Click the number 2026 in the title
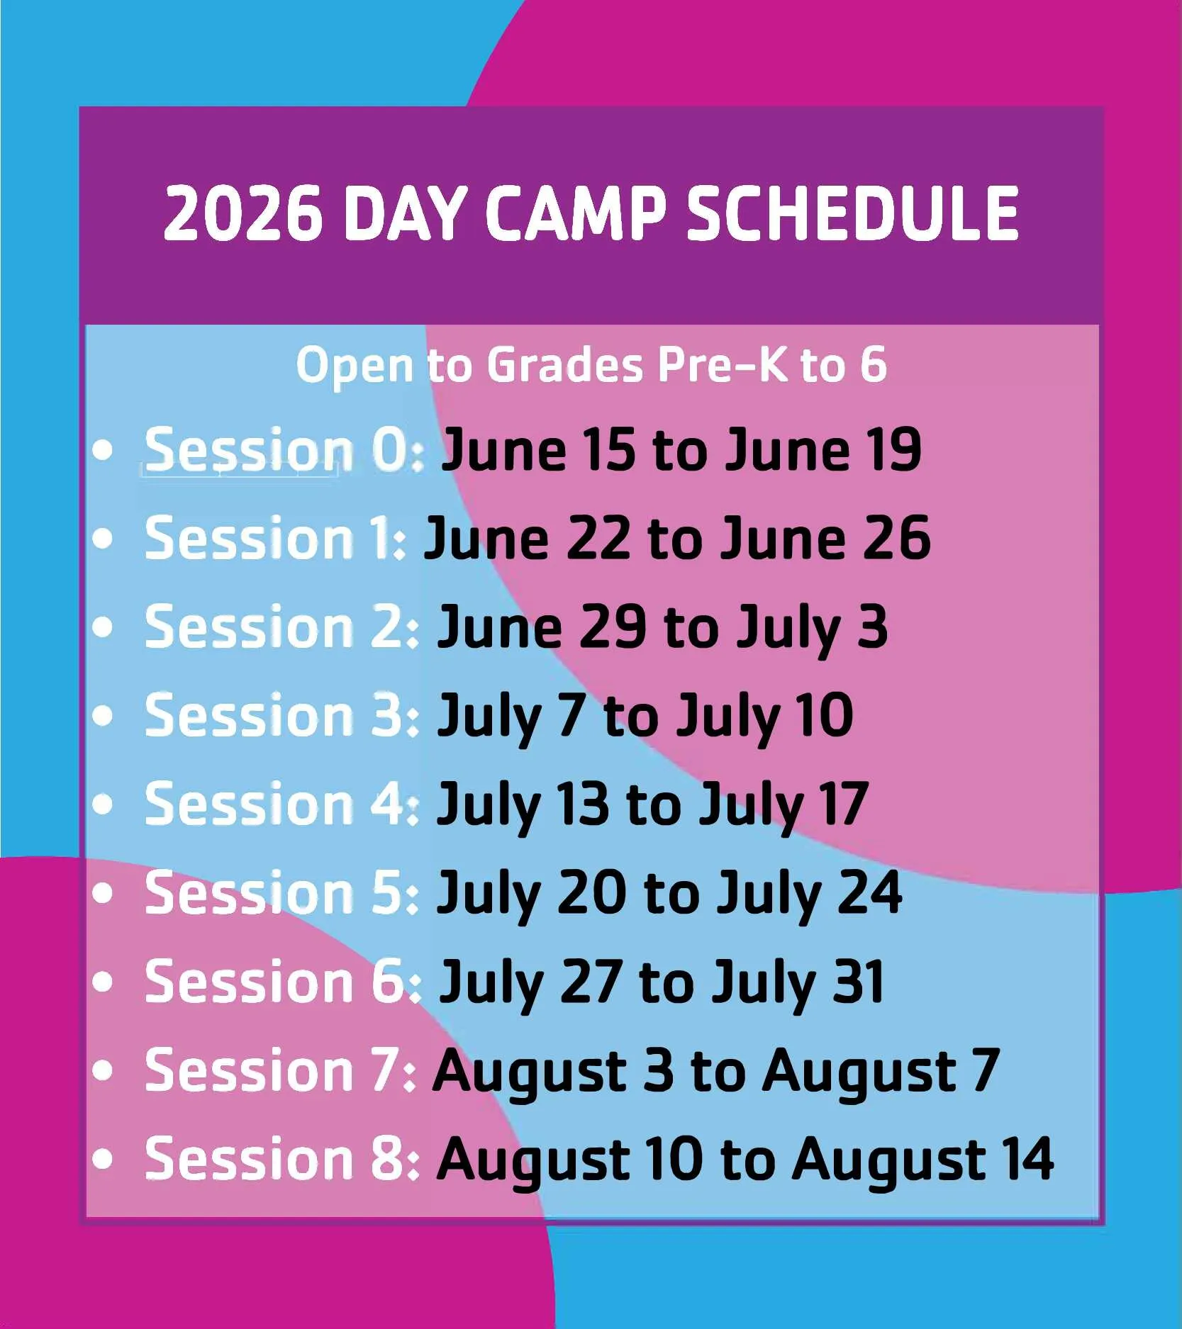tap(242, 213)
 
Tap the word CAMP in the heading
tap(576, 213)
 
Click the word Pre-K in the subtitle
tap(721, 365)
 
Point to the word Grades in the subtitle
tap(565, 365)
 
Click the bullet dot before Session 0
tap(103, 449)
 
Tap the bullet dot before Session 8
tap(103, 1158)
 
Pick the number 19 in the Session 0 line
tap(895, 449)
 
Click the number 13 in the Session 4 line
tap(583, 804)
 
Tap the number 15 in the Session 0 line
tap(608, 449)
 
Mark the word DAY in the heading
tap(404, 213)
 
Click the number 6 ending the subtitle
tap(874, 365)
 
